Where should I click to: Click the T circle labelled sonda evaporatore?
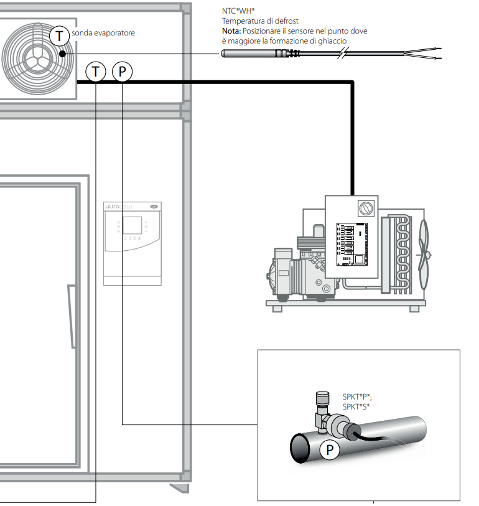pyautogui.click(x=59, y=36)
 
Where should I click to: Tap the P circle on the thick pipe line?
pyautogui.click(x=123, y=72)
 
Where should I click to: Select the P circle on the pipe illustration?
pyautogui.click(x=330, y=449)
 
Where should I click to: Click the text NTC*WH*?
pyautogui.click(x=238, y=11)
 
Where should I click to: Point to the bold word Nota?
pyautogui.click(x=231, y=31)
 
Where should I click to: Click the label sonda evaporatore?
pyautogui.click(x=103, y=33)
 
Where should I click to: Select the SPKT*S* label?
pyautogui.click(x=356, y=406)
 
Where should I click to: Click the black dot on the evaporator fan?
pyautogui.click(x=63, y=54)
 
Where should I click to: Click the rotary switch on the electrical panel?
pyautogui.click(x=366, y=208)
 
